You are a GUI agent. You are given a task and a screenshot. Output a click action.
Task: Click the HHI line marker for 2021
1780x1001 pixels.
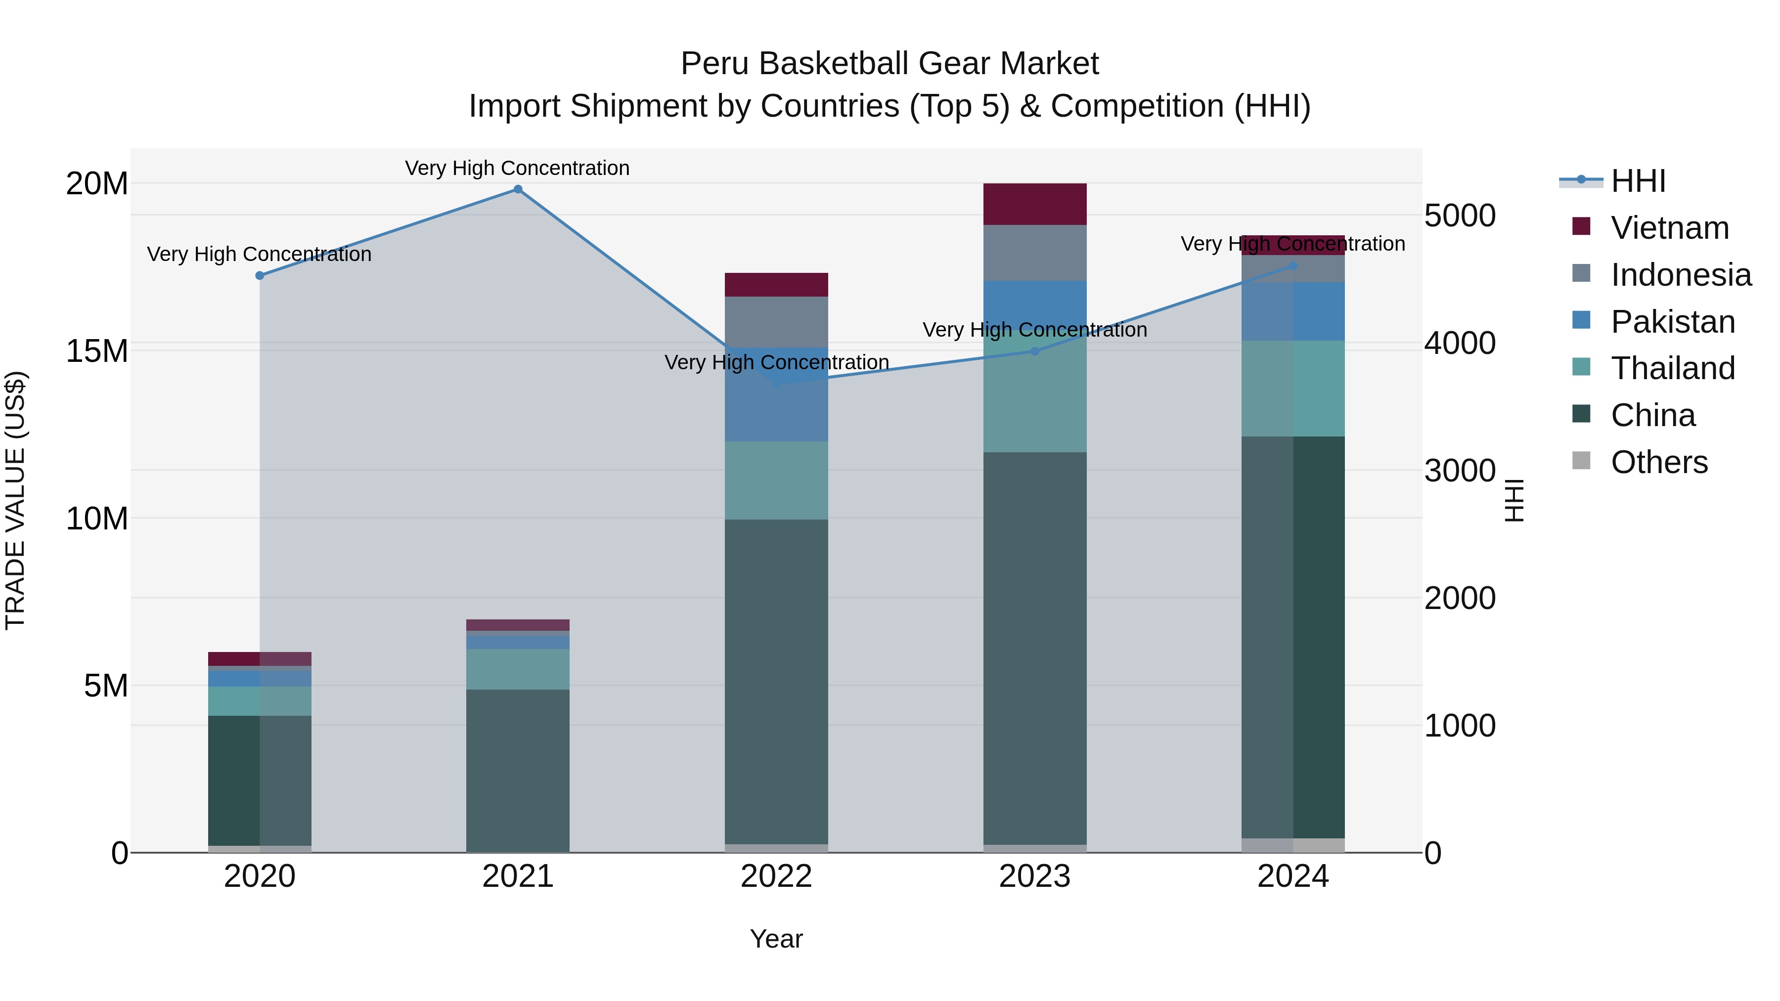coord(518,189)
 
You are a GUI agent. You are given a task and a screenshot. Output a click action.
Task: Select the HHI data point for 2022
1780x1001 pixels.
coord(776,382)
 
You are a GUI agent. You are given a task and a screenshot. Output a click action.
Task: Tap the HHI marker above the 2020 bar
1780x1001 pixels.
coord(260,276)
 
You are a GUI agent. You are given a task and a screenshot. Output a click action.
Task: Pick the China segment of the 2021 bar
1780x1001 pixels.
coord(518,770)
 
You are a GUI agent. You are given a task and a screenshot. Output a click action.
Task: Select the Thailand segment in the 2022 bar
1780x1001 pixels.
coord(776,480)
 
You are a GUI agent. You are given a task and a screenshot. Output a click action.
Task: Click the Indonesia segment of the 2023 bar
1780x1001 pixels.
coord(1034,253)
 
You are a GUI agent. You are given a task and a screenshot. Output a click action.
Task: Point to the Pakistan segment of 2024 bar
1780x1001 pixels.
coord(1293,311)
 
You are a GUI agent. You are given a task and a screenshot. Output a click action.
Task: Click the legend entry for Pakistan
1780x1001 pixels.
coord(1672,322)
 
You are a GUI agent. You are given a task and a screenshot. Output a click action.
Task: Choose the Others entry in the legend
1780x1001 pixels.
coord(1658,462)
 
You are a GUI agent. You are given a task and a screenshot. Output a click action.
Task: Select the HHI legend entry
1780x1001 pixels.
coord(1638,181)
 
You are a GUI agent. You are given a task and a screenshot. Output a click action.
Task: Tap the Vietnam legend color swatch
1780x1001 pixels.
coord(1581,226)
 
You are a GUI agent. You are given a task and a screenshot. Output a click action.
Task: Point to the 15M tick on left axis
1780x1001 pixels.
coord(97,351)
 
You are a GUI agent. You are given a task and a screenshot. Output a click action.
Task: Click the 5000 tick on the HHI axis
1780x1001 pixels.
coord(1460,216)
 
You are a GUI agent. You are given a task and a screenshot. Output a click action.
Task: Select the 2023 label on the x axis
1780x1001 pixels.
coord(1034,876)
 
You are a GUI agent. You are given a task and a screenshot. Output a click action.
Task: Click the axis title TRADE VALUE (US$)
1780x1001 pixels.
coord(15,500)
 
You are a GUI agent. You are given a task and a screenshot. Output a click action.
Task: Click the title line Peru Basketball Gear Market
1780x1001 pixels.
coord(890,64)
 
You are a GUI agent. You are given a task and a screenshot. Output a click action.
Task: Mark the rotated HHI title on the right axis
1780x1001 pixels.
coord(1514,500)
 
